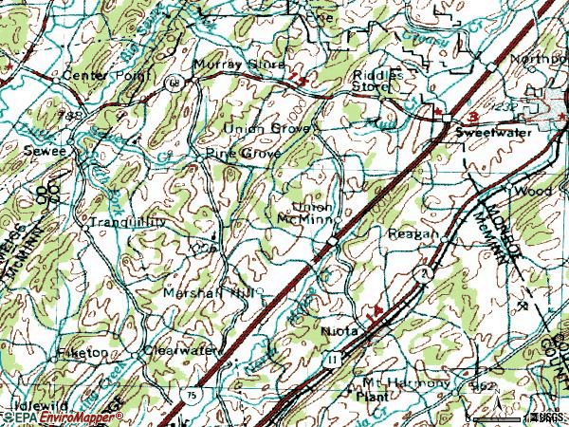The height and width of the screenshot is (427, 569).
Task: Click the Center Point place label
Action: pyautogui.click(x=94, y=74)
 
